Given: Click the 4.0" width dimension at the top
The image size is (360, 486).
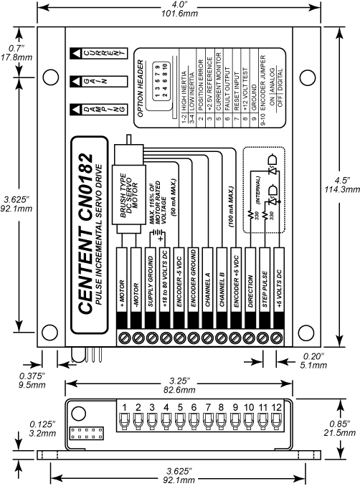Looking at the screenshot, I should coord(179,6).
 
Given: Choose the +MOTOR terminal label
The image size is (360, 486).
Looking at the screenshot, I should coord(123,285).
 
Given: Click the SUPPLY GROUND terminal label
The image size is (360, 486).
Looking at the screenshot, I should coord(151,285).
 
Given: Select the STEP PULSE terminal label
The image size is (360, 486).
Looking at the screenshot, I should coord(263,285).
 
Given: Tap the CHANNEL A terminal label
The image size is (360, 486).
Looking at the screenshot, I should coord(207,285).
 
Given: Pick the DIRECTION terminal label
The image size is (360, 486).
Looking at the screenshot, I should coord(250,285).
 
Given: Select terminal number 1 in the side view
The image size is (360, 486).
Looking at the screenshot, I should coord(124,408).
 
